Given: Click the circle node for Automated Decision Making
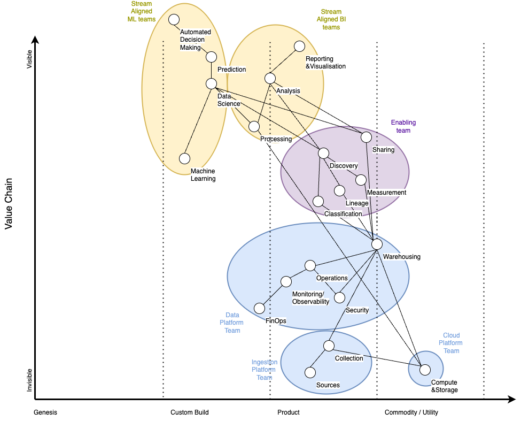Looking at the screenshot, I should [174, 20].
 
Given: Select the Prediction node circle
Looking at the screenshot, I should [211, 57].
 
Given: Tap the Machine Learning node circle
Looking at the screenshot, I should [184, 158].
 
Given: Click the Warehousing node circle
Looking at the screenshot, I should [377, 244].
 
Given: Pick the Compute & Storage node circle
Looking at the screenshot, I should [425, 369].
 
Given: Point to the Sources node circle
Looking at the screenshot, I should [309, 372].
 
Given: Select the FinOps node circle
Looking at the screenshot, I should [259, 308].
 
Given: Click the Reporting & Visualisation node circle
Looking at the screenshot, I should [299, 47].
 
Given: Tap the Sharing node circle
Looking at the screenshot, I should [366, 137].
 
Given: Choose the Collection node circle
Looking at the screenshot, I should [329, 346].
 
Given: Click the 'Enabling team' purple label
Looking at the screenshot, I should [403, 126].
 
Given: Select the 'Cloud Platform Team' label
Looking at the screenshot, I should [451, 343].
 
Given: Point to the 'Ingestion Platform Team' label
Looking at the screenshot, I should [264, 370].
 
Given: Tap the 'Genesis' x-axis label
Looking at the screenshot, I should [45, 412].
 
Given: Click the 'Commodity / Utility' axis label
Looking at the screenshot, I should [411, 412].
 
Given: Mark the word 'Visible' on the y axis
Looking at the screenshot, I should [29, 59].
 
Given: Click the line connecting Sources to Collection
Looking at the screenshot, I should [319, 359].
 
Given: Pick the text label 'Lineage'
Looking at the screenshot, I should [357, 203].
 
